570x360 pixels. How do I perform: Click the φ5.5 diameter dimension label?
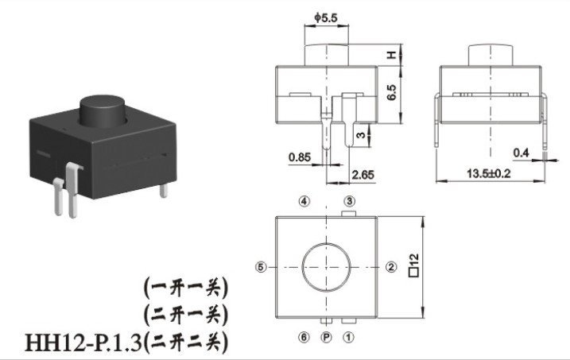[326, 17]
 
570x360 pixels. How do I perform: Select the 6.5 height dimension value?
[391, 93]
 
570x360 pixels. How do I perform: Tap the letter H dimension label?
[391, 55]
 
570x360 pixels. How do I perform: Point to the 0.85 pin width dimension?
[300, 157]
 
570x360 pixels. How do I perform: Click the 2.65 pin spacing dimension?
[363, 175]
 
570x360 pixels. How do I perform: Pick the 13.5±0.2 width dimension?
[489, 174]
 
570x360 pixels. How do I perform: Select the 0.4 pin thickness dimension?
[521, 153]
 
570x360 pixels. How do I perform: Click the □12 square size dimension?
[414, 265]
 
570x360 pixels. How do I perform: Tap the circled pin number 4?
[304, 201]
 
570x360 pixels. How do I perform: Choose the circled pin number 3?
[349, 201]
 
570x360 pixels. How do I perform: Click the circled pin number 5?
[261, 267]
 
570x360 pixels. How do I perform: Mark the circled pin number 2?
[391, 267]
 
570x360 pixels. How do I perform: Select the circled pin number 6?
[304, 338]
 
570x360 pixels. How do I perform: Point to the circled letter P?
[327, 338]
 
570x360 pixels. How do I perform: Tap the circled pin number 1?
[348, 338]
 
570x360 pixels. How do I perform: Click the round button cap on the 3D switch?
[103, 110]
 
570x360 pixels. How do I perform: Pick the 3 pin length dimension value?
[360, 135]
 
